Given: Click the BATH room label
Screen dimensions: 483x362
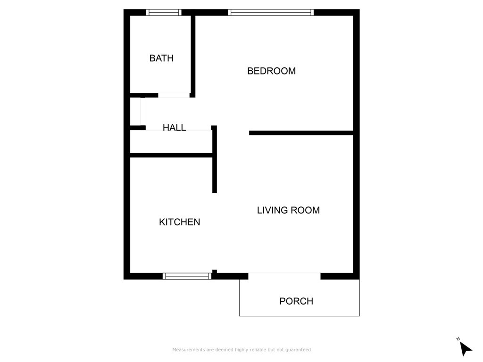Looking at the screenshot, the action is tap(161, 58).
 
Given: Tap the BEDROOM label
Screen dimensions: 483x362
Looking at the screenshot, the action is tap(271, 71).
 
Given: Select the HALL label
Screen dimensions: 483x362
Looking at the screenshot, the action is tap(175, 127).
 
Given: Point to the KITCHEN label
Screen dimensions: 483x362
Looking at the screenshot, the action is tap(180, 222).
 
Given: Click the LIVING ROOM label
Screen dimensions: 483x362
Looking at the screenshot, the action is tap(288, 210).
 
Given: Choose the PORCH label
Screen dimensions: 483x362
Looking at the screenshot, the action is tap(296, 301).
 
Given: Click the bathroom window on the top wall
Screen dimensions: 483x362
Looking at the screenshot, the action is tap(164, 12).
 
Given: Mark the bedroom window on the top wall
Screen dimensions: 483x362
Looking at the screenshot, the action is tap(271, 12).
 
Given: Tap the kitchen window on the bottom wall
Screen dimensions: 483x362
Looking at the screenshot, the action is tap(187, 276).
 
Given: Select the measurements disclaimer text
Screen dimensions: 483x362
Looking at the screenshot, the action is tap(241, 350).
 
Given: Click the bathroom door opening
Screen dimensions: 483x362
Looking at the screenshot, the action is tap(174, 95).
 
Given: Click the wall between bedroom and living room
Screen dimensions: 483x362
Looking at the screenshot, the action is tap(301, 133).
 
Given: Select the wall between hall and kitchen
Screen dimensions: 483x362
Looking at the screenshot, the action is tap(172, 155).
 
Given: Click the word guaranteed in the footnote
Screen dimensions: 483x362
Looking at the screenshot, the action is tap(298, 350).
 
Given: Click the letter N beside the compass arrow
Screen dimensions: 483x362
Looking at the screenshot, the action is tap(458, 339).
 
